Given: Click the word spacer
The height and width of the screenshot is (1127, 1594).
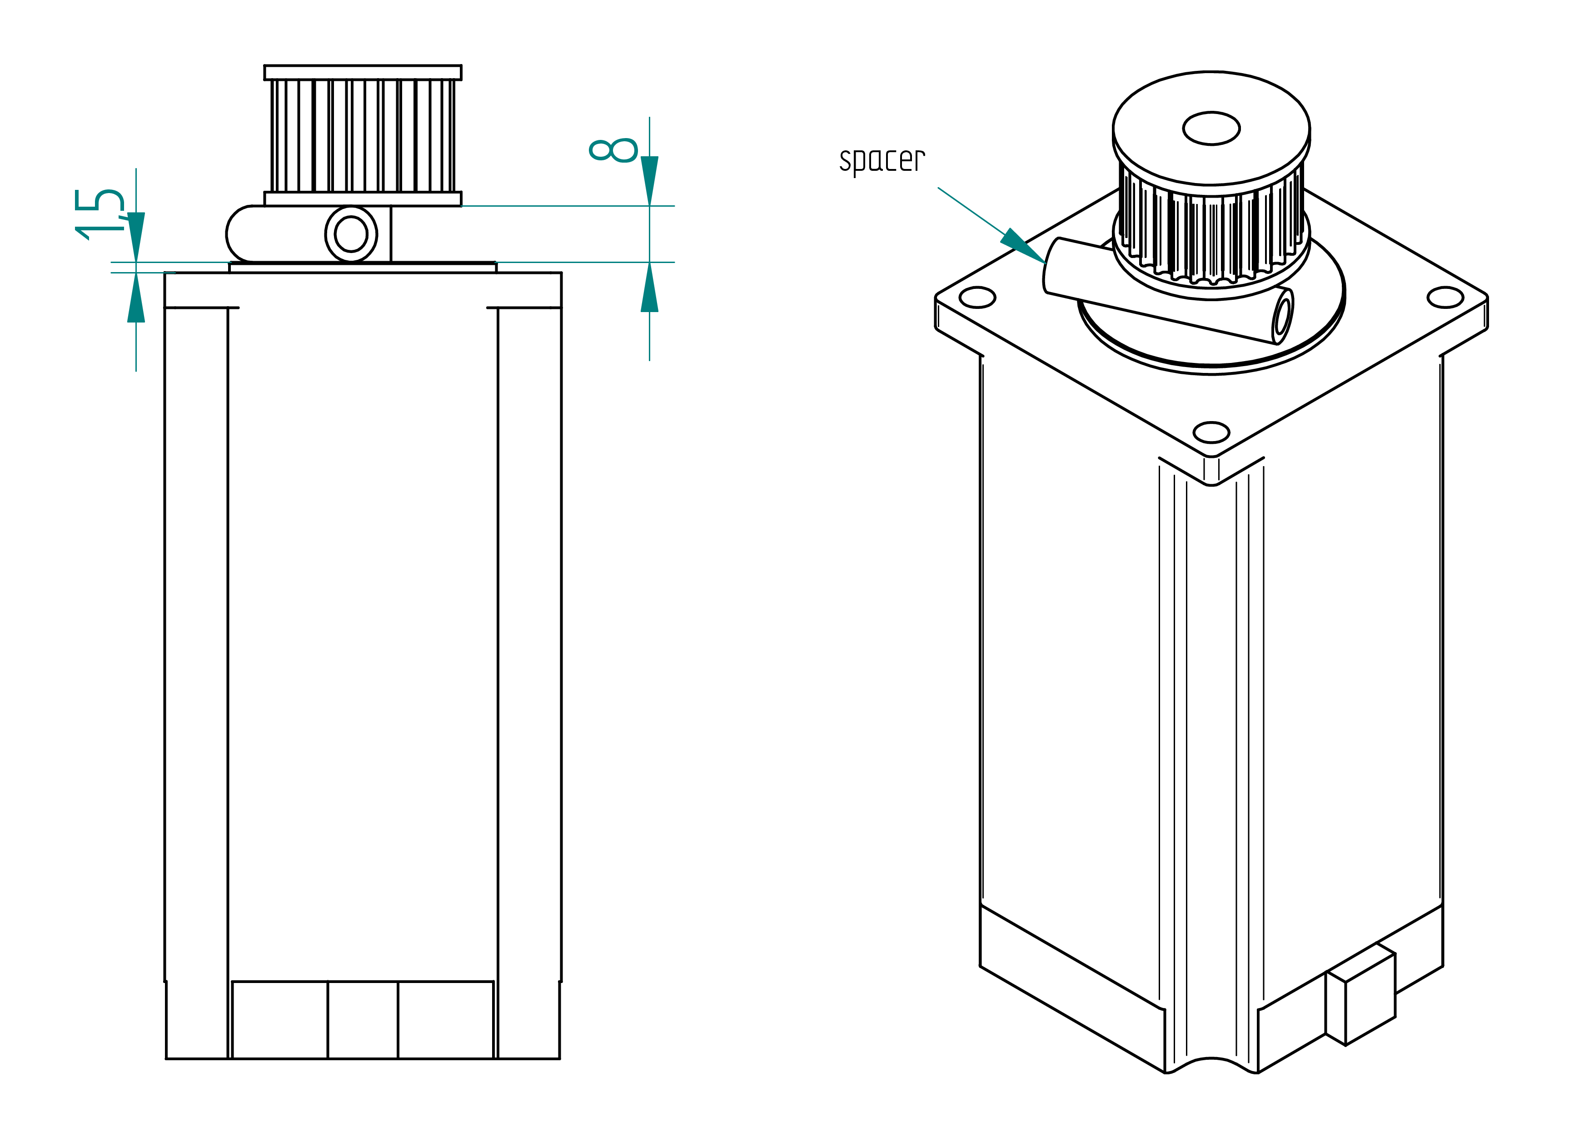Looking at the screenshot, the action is click(882, 161).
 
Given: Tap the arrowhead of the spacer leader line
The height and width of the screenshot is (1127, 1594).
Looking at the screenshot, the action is click(1023, 246).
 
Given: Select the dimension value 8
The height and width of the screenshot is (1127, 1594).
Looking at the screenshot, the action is click(613, 150).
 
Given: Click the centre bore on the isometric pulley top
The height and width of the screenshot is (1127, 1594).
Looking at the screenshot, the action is click(1211, 129).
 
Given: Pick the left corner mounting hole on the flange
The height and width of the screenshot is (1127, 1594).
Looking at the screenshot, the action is click(977, 298).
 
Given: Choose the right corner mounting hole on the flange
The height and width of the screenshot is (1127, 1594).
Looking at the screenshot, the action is click(1445, 298).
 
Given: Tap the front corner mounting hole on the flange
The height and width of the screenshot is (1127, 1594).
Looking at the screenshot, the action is click(1211, 432).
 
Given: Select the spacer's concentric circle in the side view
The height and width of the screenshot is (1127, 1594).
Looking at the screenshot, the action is click(351, 234).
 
